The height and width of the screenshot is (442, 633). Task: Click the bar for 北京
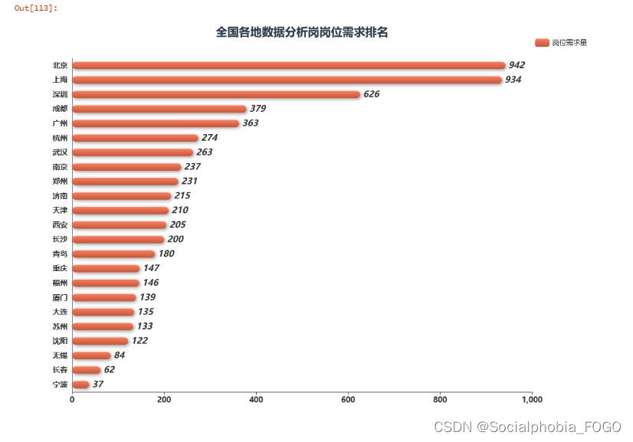pyautogui.click(x=289, y=65)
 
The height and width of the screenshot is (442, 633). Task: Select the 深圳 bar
pyautogui.click(x=216, y=94)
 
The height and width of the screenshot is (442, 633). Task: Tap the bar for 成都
pyautogui.click(x=159, y=109)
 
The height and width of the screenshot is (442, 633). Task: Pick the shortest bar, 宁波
pyautogui.click(x=80, y=384)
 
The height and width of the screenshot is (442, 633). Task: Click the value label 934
pyautogui.click(x=513, y=80)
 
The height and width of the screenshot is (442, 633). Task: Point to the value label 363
pyautogui.click(x=251, y=123)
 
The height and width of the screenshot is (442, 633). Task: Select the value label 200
pyautogui.click(x=175, y=239)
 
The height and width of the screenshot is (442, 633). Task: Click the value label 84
pyautogui.click(x=120, y=355)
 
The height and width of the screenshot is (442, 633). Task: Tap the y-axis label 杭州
pyautogui.click(x=60, y=138)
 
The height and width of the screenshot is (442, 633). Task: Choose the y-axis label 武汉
pyautogui.click(x=60, y=152)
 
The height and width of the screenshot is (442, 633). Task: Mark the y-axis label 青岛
pyautogui.click(x=60, y=254)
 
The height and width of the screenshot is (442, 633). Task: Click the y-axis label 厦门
pyautogui.click(x=60, y=297)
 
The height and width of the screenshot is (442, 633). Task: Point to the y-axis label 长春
pyautogui.click(x=60, y=370)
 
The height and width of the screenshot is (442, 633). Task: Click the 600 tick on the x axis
pyautogui.click(x=348, y=399)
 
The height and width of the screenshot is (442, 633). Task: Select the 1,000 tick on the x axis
pyautogui.click(x=532, y=399)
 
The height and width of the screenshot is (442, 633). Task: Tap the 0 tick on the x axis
pyautogui.click(x=72, y=399)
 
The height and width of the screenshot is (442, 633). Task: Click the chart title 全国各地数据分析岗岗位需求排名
pyautogui.click(x=302, y=32)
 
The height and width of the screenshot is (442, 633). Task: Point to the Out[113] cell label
pyautogui.click(x=36, y=8)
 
